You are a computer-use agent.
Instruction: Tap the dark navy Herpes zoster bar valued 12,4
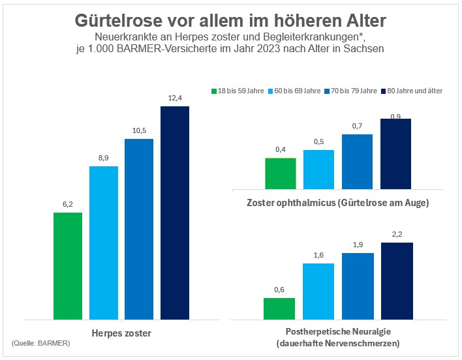pyautogui.click(x=174, y=213)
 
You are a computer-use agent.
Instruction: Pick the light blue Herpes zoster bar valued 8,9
pyautogui.click(x=103, y=243)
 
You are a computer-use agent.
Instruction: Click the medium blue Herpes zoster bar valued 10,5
pyautogui.click(x=138, y=229)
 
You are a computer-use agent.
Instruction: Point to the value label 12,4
pyautogui.click(x=174, y=98)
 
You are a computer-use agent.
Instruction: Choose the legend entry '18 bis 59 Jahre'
pyautogui.click(x=235, y=91)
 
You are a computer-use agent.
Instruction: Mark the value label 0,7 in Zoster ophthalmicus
pyautogui.click(x=357, y=125)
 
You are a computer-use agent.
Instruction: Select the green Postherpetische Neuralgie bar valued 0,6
pyautogui.click(x=279, y=308)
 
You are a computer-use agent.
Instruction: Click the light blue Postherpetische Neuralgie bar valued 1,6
pyautogui.click(x=318, y=292)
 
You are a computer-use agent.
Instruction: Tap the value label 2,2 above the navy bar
pyautogui.click(x=397, y=233)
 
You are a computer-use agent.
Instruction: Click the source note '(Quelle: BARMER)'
pyautogui.click(x=41, y=343)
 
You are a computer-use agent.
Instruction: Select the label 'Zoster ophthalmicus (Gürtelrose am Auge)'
pyautogui.click(x=337, y=203)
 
